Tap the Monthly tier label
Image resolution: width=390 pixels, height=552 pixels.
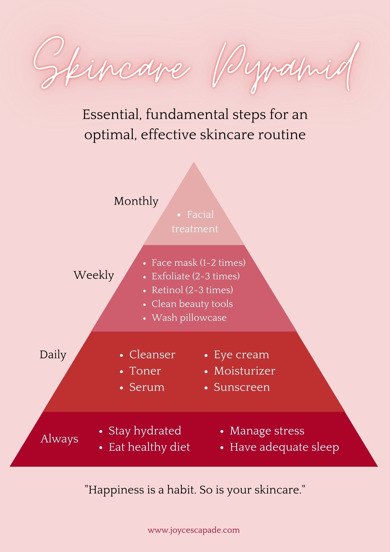pos(136,201)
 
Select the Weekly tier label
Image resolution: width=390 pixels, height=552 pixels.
pos(94,275)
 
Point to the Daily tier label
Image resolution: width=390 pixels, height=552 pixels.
pos(53,355)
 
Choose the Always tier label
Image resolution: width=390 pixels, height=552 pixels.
pos(60,439)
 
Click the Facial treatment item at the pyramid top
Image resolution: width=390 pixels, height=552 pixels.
pos(195,222)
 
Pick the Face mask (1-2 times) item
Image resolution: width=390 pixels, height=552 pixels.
pos(198,262)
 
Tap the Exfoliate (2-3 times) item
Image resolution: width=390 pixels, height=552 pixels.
pos(196,276)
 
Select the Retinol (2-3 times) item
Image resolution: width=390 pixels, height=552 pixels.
pos(192,290)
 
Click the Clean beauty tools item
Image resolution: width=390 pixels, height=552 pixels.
pos(192,304)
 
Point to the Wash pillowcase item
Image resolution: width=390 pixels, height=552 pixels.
pos(189,318)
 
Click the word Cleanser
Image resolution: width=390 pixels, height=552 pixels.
pos(152,355)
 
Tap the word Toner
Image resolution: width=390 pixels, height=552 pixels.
pos(145,371)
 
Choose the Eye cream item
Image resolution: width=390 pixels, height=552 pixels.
pos(241,355)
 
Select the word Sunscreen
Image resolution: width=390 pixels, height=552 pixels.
pos(242,387)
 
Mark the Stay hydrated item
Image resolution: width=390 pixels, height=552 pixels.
pos(145,431)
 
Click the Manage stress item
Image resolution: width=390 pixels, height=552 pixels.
pos(267,431)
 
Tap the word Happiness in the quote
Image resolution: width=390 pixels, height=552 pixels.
pos(116,490)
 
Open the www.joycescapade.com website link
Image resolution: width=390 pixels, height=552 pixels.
pos(194,530)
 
